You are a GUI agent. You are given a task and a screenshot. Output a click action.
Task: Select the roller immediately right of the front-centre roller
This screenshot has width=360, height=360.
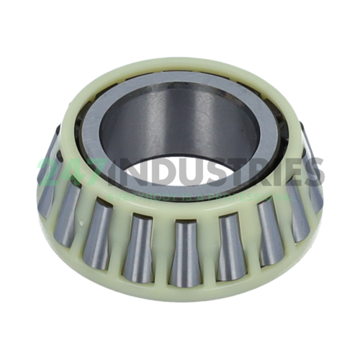[229, 245]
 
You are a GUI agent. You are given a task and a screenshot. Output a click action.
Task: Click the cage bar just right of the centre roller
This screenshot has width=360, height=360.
[207, 252]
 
